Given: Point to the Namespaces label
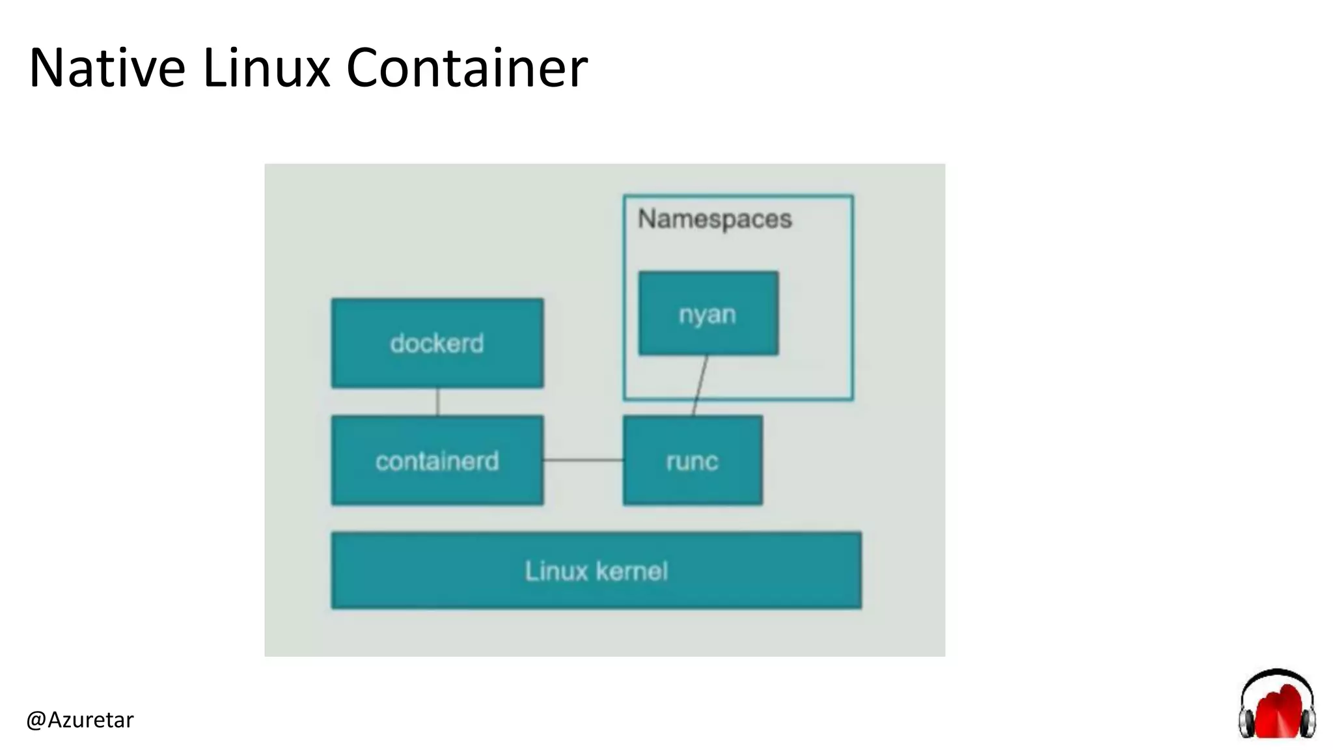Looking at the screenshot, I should pyautogui.click(x=715, y=219).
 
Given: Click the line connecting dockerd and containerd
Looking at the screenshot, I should pyautogui.click(x=437, y=402).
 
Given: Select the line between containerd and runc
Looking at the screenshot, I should pyautogui.click(x=583, y=460).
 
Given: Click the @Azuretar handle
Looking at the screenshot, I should pyautogui.click(x=80, y=720).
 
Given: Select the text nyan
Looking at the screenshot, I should pyautogui.click(x=708, y=314).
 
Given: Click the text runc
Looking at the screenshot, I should pyautogui.click(x=692, y=462).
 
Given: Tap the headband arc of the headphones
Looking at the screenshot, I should pyautogui.click(x=1276, y=673).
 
